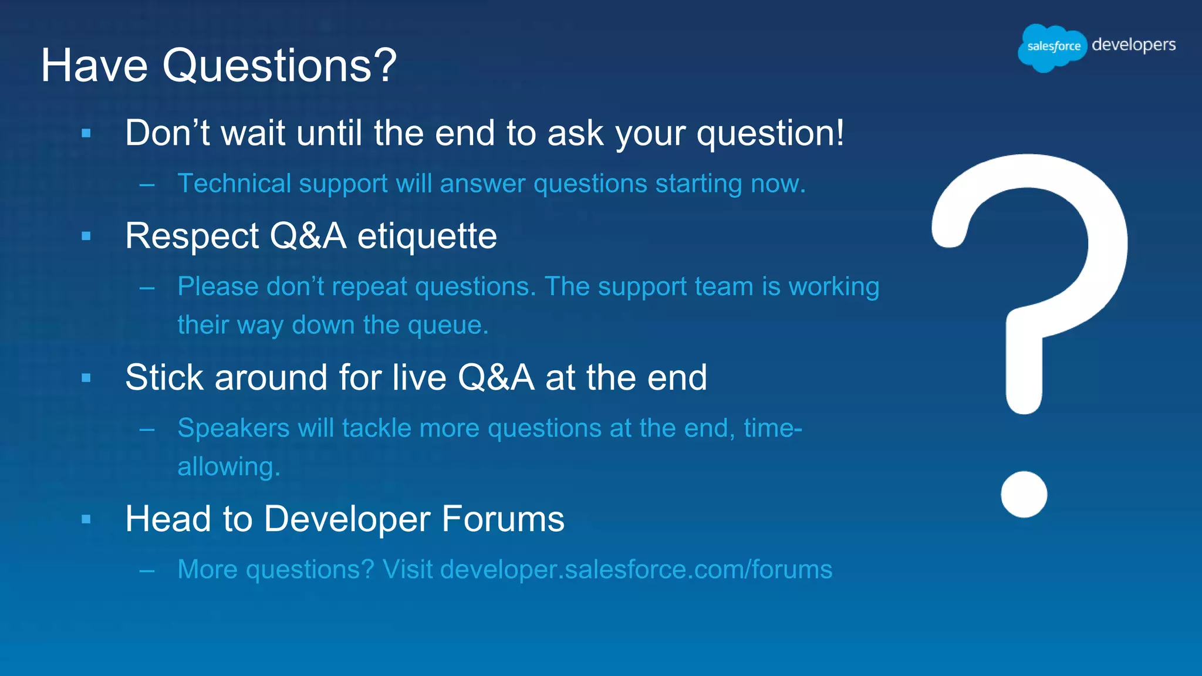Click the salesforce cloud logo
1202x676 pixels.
coord(1052,47)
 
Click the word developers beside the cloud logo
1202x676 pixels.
coord(1133,45)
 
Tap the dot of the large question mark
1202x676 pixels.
coord(1024,494)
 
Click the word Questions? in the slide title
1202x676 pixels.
coord(279,65)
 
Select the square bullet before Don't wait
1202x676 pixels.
coord(86,133)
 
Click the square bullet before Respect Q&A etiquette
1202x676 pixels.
coord(86,236)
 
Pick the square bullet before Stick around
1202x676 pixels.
coord(86,378)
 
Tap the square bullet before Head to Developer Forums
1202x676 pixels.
coord(86,519)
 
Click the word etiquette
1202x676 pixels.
coord(427,236)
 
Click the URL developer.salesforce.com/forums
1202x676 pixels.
coord(636,570)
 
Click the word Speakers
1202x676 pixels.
coord(233,428)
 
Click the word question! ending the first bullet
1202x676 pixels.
coord(770,134)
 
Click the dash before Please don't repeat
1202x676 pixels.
coord(147,288)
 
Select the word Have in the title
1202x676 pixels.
coord(94,65)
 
